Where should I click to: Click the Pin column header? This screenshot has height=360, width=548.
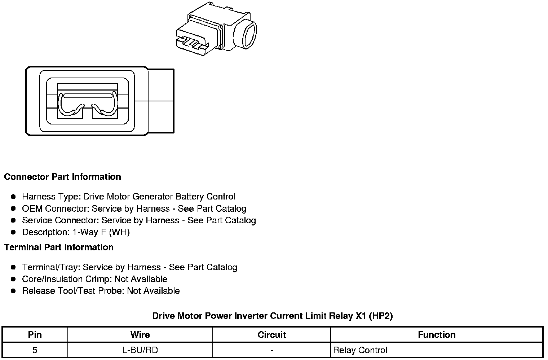[35, 335]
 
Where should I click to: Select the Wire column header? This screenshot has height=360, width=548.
[140, 335]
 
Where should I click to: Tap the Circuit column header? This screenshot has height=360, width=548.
[271, 335]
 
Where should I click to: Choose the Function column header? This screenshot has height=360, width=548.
[437, 335]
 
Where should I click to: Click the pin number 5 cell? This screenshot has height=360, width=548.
[35, 350]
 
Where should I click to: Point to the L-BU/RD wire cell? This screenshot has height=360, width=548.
[140, 350]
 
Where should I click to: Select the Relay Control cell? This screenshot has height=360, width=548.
[360, 350]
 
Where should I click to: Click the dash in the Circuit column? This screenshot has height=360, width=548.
[271, 350]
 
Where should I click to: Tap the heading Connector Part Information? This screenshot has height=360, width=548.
[62, 177]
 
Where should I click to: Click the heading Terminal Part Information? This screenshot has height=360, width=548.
[59, 247]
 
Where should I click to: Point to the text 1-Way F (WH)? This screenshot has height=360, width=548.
[101, 232]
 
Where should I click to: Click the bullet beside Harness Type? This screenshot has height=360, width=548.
[13, 197]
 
